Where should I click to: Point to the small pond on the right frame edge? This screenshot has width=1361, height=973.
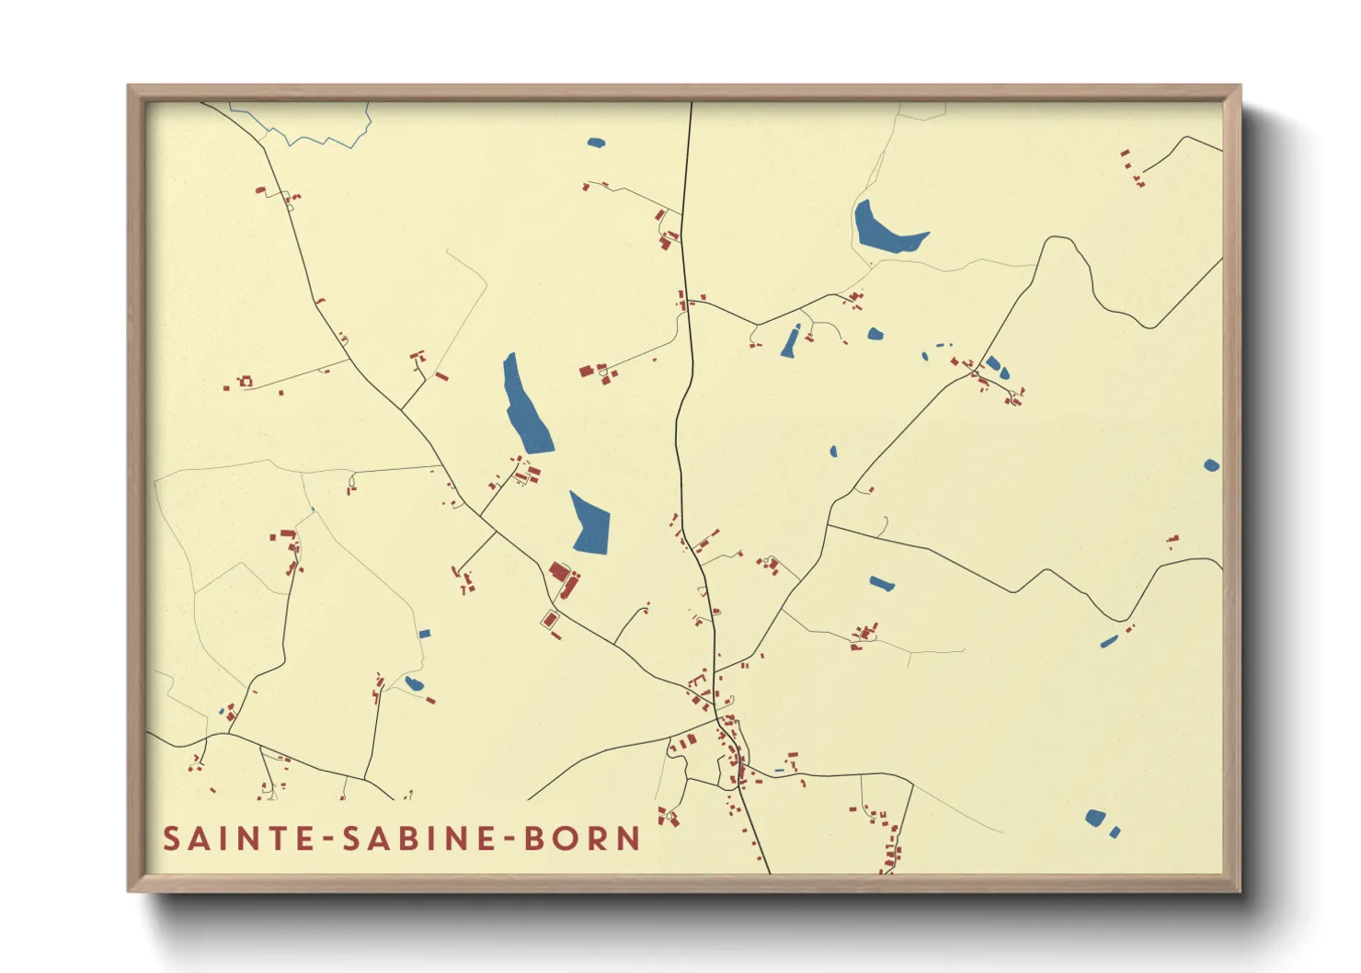tap(1211, 465)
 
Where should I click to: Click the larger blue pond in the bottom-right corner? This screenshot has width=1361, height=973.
tap(1094, 817)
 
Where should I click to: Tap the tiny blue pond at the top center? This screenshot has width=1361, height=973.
tap(596, 143)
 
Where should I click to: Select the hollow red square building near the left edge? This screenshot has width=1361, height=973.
tap(246, 381)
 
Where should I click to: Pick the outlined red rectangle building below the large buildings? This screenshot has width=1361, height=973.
tap(550, 620)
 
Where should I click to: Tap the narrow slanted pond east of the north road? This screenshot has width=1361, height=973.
tap(791, 341)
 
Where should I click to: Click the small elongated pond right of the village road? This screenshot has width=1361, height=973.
tap(882, 583)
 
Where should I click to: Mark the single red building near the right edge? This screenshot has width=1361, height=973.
tap(1172, 540)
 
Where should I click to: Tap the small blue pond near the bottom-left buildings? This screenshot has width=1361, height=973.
tap(414, 683)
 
